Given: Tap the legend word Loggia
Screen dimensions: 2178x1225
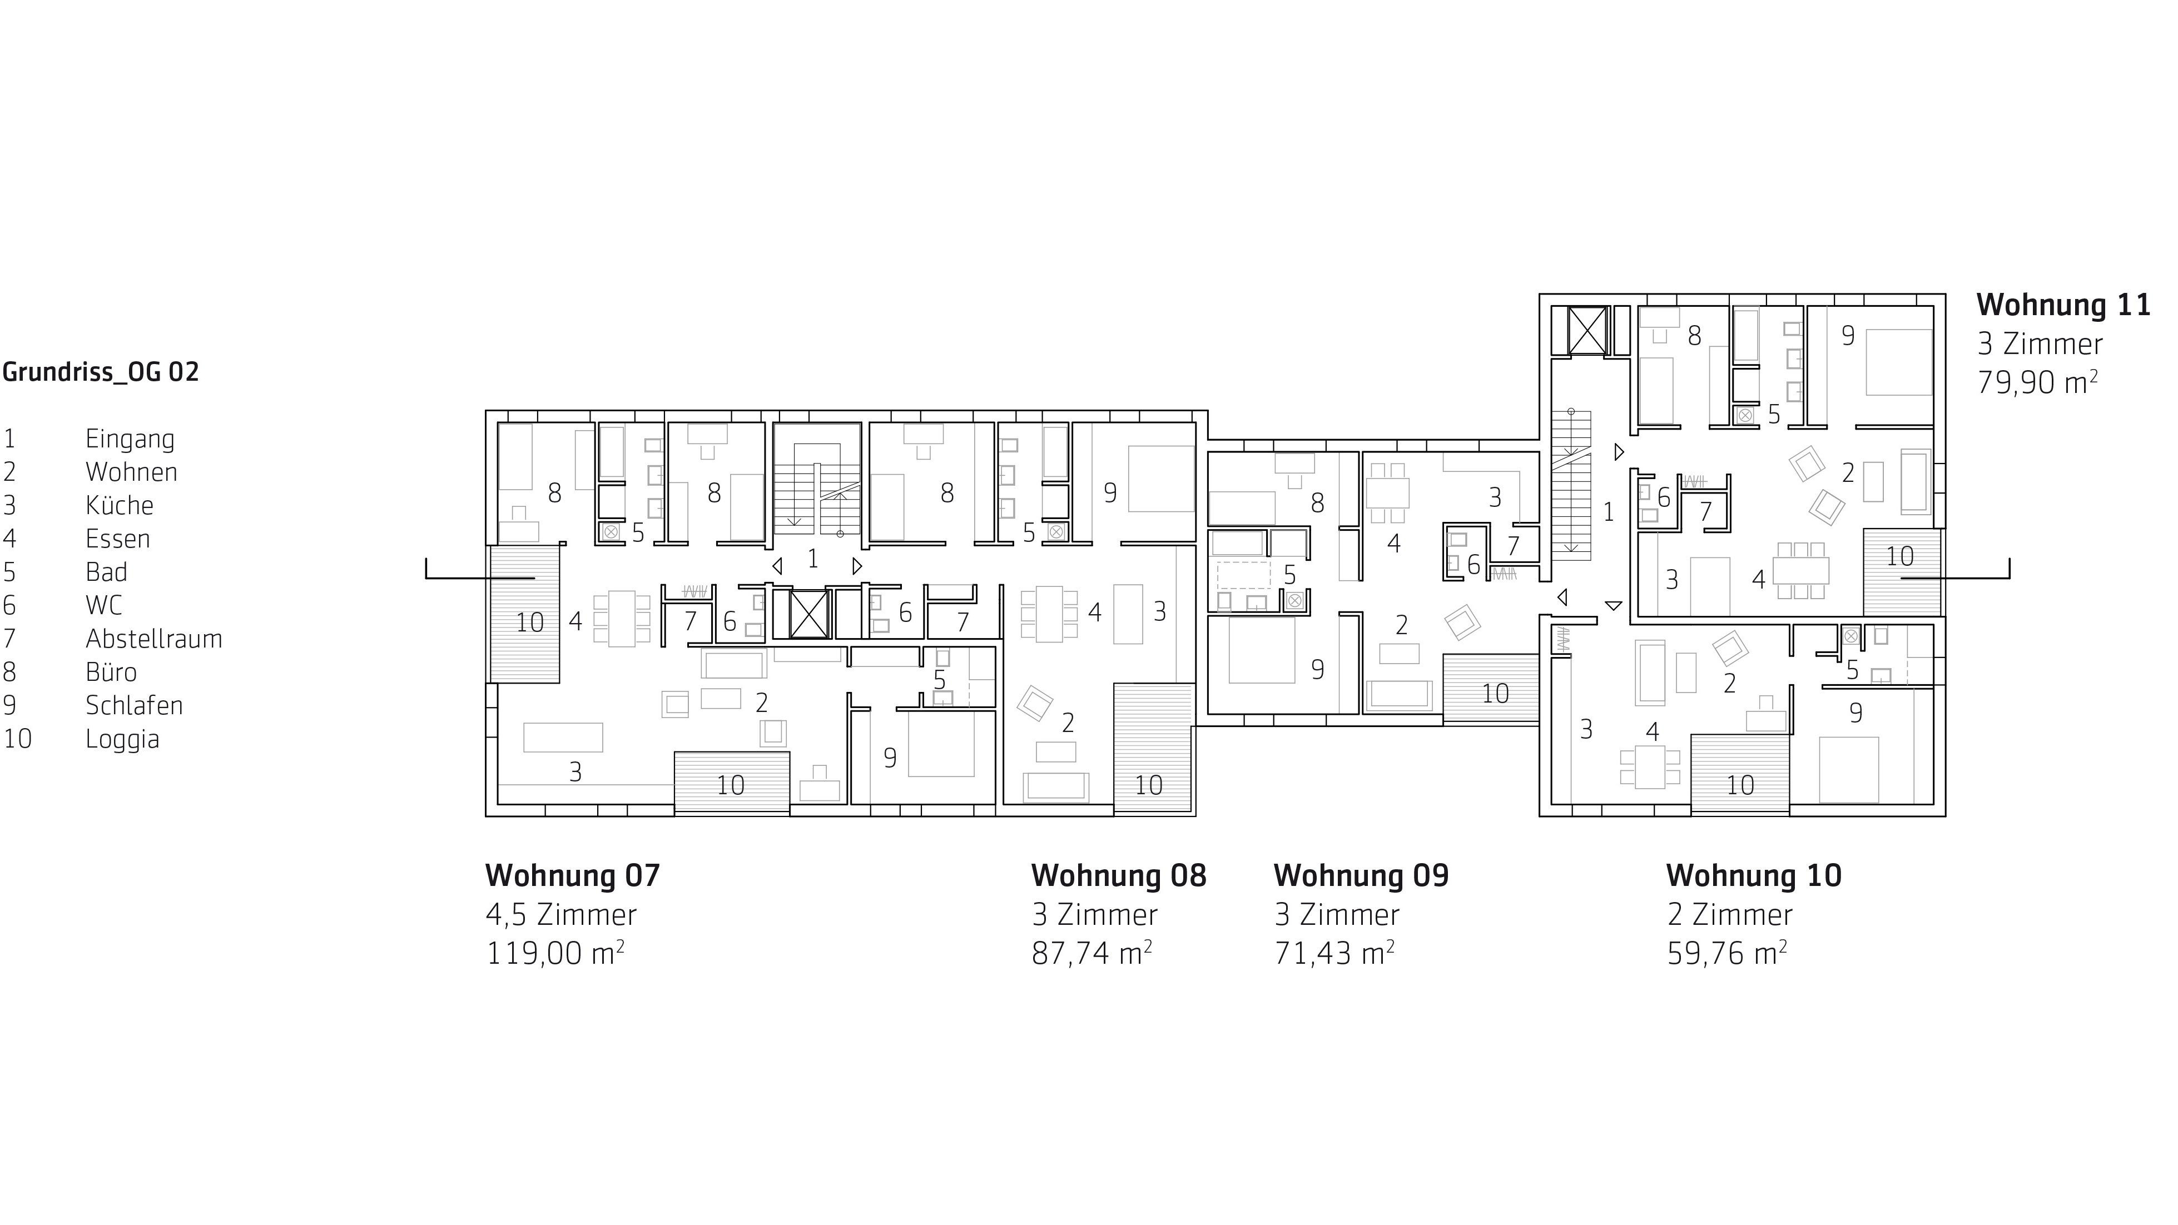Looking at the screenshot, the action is pos(122,739).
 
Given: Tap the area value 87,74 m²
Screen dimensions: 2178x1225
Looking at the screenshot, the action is pos(1092,953).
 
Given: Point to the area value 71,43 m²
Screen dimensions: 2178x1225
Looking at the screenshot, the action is pos(1334,953).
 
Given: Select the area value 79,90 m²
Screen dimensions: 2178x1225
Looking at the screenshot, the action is pos(2038,382).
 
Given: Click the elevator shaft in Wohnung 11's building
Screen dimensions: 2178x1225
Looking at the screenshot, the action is pos(1586,330).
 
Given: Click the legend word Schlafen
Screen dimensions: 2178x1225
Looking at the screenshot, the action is pos(135,705).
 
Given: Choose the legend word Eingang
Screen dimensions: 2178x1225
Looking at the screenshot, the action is pos(130,440).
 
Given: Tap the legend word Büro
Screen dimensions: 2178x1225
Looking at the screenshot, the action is pos(111,672).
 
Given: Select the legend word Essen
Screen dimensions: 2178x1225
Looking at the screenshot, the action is pos(117,539).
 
